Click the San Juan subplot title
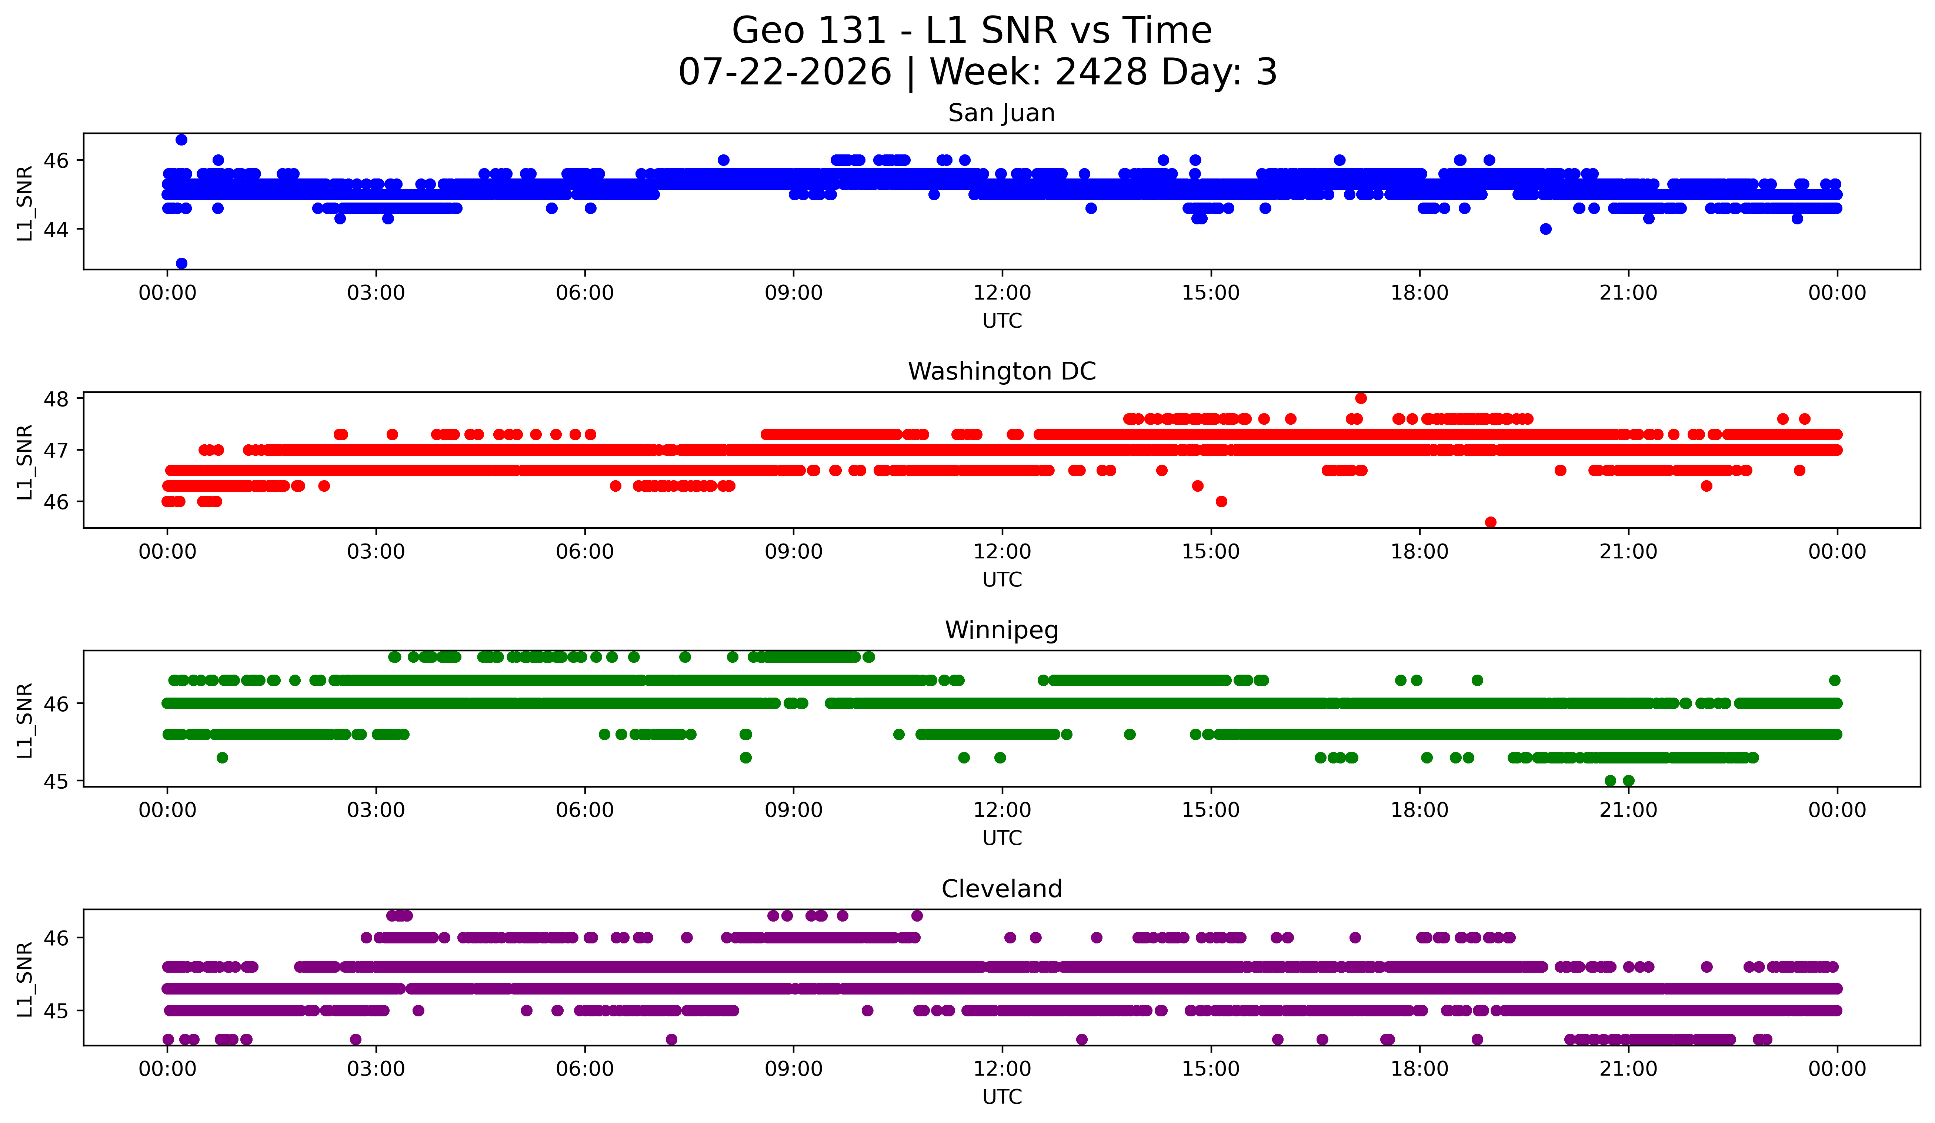pyautogui.click(x=1001, y=113)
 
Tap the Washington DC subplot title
pyautogui.click(x=1001, y=371)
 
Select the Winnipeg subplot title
pyautogui.click(x=1001, y=630)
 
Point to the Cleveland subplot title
pyautogui.click(x=1001, y=889)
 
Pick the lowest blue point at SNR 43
pyautogui.click(x=181, y=263)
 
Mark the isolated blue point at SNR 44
pyautogui.click(x=1546, y=229)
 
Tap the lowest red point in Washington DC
pyautogui.click(x=1490, y=522)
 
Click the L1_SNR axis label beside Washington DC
pyautogui.click(x=24, y=462)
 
